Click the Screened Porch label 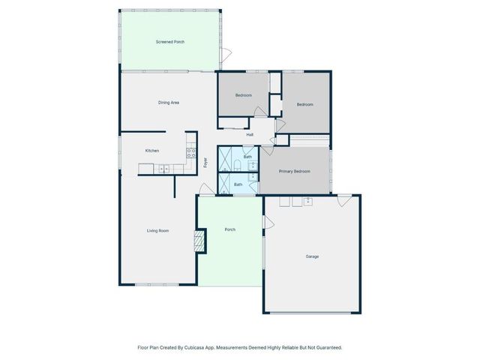click(170, 42)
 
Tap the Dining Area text click(168, 102)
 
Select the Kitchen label click(152, 151)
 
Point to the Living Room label click(157, 230)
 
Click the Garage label click(312, 256)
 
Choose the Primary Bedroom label click(295, 172)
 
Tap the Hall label click(250, 135)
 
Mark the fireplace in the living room click(199, 241)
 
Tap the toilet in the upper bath click(237, 166)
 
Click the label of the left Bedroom click(243, 96)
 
